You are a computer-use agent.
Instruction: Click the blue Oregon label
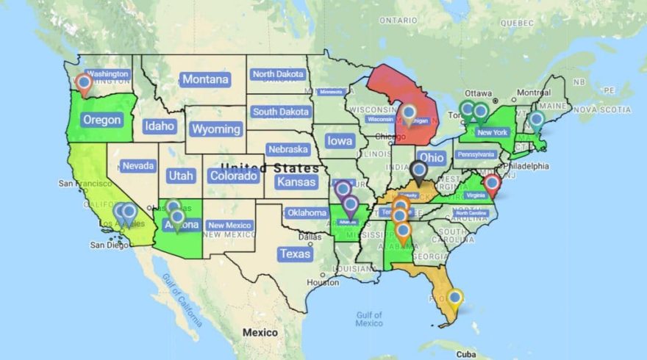click(101, 120)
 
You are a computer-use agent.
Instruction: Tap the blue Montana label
click(205, 79)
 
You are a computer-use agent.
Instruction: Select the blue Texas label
click(296, 253)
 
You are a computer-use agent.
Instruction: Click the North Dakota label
click(278, 74)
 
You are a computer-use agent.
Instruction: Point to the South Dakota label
click(280, 112)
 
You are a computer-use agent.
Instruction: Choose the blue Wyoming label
click(216, 129)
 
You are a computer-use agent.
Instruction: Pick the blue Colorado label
click(233, 176)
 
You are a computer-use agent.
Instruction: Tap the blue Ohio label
click(432, 157)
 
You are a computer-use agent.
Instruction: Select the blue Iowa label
click(340, 141)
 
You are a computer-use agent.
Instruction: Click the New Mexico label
click(229, 226)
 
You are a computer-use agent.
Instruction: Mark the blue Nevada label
click(138, 166)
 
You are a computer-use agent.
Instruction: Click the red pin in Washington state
click(85, 84)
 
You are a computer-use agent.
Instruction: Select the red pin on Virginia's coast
click(493, 184)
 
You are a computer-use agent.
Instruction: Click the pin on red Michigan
click(410, 114)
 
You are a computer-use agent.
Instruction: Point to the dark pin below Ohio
click(419, 171)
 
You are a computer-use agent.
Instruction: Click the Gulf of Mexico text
click(368, 319)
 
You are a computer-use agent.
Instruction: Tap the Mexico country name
click(260, 333)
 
